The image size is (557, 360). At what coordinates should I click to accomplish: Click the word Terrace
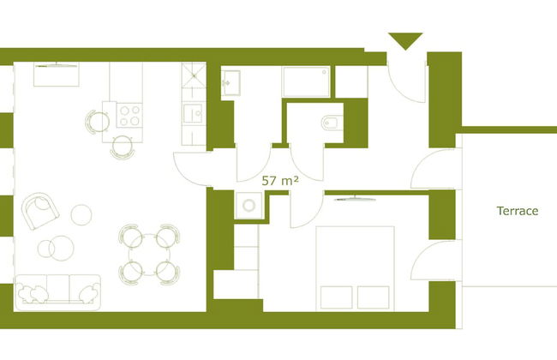[x=517, y=211]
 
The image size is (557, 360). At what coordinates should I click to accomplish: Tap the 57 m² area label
[x=279, y=181]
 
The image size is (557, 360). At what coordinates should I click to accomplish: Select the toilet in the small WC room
[x=332, y=122]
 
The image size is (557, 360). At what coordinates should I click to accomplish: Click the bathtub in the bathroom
[x=306, y=82]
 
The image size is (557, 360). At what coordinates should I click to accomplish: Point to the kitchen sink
[x=193, y=111]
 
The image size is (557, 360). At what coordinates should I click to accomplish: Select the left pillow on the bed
[x=337, y=297]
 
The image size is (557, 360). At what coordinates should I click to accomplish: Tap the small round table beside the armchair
[x=81, y=213]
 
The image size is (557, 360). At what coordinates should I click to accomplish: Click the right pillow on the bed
[x=374, y=297]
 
